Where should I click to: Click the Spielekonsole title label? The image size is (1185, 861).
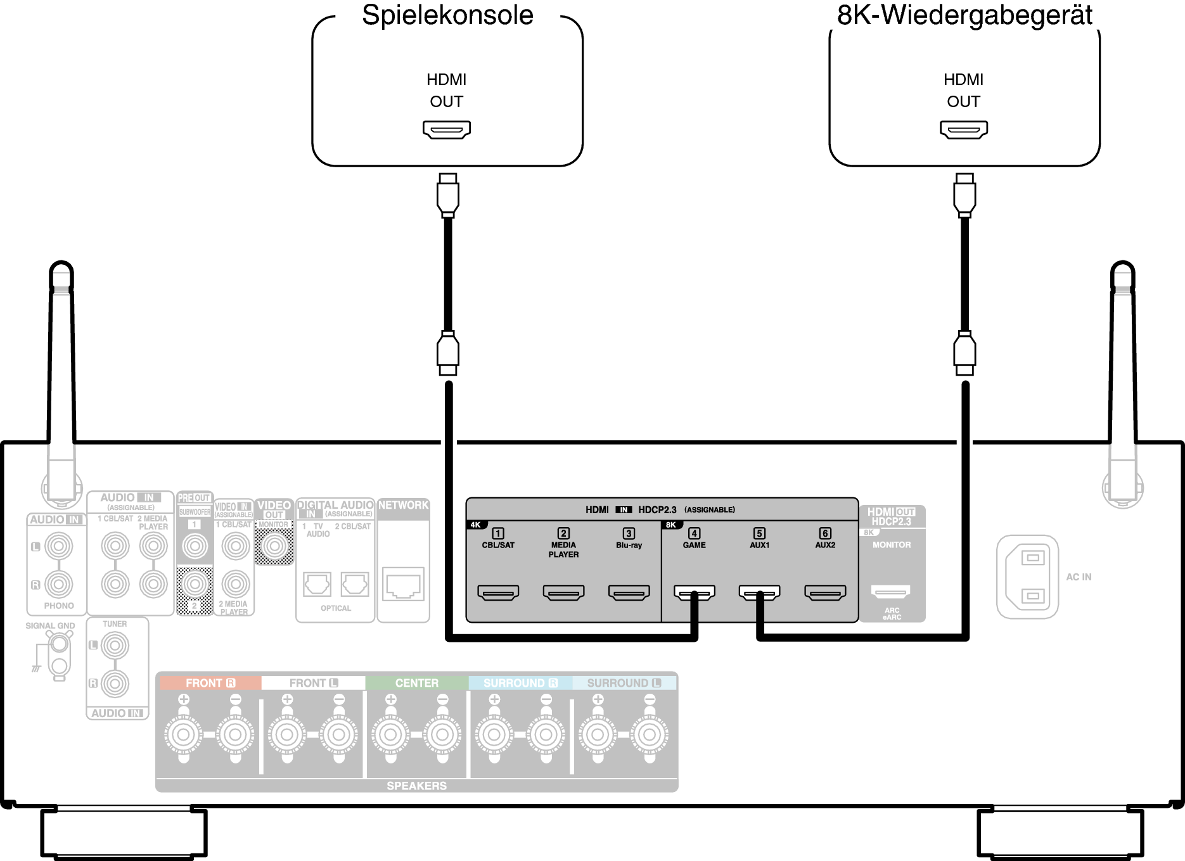(447, 15)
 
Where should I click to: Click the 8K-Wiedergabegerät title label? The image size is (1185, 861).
(964, 15)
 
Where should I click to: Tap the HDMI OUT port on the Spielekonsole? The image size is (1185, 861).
(447, 130)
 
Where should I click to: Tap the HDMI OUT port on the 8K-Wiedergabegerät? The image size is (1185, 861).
(964, 130)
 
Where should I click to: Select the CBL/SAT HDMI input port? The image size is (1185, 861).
(498, 592)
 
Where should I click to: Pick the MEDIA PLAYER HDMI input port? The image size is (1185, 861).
(563, 592)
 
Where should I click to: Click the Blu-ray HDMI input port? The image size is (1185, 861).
(629, 592)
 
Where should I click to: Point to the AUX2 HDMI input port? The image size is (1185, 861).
(825, 592)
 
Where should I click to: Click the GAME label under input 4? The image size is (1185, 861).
(694, 545)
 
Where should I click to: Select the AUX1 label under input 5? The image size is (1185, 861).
(759, 545)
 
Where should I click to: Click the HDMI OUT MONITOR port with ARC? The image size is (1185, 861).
(891, 592)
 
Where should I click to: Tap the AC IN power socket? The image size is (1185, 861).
(1027, 577)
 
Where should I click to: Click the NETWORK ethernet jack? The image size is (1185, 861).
(403, 584)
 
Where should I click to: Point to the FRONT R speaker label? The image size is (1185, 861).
(210, 683)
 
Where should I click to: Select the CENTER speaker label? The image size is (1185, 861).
(416, 683)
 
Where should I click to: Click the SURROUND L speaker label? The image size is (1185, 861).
(624, 683)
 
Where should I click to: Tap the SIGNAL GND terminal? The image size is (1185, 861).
(59, 645)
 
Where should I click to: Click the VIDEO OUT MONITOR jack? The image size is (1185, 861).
(274, 545)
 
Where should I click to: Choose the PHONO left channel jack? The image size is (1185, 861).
(58, 546)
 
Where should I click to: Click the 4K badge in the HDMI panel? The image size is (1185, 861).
(475, 525)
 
